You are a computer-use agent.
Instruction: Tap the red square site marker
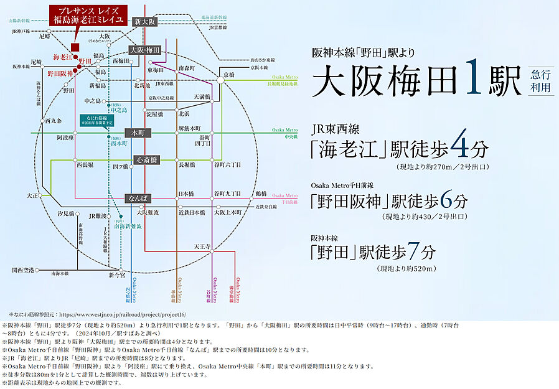75,46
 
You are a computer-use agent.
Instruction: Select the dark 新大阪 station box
144,22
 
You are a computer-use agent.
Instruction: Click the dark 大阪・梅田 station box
145,49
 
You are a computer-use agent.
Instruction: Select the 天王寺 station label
202,246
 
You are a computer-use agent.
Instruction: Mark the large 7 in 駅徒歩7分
413,252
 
